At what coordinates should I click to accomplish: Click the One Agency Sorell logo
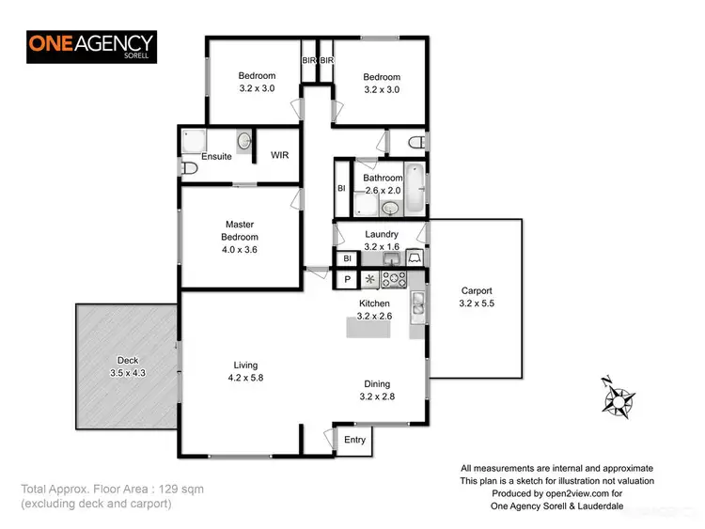tap(91, 46)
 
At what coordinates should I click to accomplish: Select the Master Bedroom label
tap(241, 237)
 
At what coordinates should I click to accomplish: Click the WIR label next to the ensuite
tap(279, 156)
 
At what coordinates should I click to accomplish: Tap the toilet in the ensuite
tap(189, 167)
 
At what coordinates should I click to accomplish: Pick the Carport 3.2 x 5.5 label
tap(476, 297)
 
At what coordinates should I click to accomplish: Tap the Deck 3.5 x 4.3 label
tap(127, 366)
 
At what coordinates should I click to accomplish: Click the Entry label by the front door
tap(355, 440)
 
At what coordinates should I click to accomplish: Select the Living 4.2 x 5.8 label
tap(245, 371)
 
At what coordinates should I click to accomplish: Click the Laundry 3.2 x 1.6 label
tap(382, 241)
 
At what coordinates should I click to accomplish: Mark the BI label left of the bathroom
tap(341, 188)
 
